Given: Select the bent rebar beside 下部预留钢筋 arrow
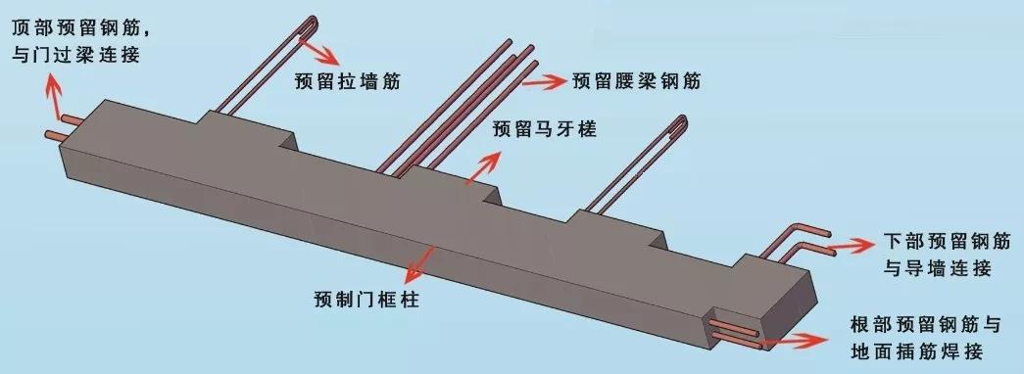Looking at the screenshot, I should (799, 240).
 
